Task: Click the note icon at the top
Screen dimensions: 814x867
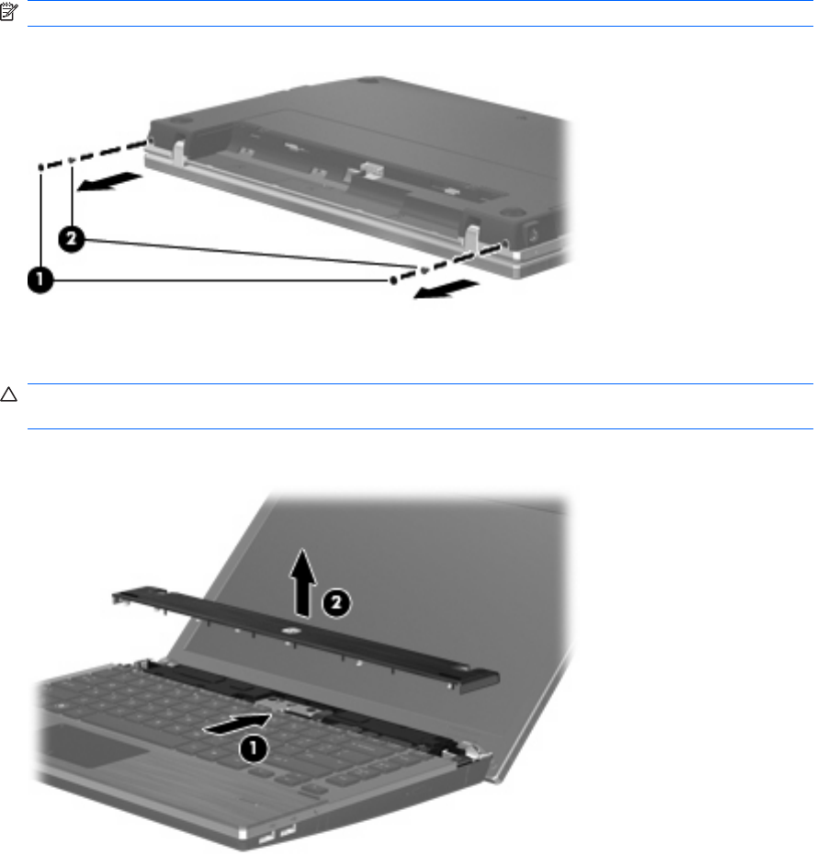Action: point(9,12)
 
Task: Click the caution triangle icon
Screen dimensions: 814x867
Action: point(8,394)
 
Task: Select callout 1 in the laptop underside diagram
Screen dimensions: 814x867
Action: point(40,279)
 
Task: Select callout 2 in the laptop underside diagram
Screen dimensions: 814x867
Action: point(72,239)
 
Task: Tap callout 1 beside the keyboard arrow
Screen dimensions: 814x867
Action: point(253,748)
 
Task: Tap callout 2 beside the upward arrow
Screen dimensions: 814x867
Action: point(336,603)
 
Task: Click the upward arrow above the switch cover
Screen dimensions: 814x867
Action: point(303,582)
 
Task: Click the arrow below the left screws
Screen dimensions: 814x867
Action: point(109,181)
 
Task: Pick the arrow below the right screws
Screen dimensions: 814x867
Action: point(446,291)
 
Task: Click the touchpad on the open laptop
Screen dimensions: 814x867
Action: point(95,746)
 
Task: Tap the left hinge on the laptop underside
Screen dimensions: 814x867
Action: point(178,152)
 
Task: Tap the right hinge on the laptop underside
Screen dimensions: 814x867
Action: point(471,236)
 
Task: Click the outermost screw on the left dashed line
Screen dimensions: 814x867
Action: point(41,167)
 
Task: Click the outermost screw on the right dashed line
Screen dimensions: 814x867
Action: point(393,280)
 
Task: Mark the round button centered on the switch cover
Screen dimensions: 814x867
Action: point(289,630)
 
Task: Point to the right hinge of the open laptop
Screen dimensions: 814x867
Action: point(473,751)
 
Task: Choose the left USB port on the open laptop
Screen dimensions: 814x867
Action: point(267,838)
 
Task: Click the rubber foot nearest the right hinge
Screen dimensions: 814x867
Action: point(511,211)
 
